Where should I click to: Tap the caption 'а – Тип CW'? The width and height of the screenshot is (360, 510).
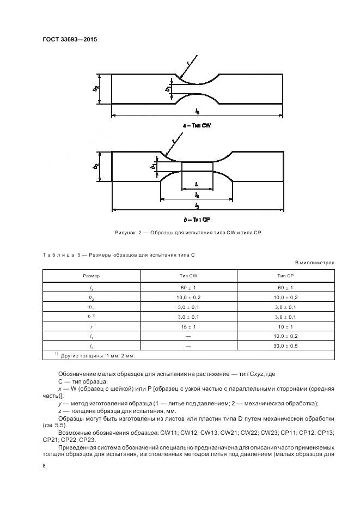(x=197, y=126)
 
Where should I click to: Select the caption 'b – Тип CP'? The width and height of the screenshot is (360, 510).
(x=197, y=219)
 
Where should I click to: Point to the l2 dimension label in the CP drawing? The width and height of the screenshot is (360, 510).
(x=197, y=195)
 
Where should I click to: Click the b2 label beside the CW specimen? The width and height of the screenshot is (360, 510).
(x=96, y=88)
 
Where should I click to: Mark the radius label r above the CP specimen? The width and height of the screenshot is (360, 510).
(x=173, y=141)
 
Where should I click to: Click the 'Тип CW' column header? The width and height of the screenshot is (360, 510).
(x=188, y=276)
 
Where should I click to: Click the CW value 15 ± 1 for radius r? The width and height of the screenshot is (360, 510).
(x=188, y=326)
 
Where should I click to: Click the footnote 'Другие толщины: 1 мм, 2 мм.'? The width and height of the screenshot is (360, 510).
(x=98, y=355)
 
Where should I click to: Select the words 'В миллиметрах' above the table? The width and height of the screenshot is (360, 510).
(x=314, y=263)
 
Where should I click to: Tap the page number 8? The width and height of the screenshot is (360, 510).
(x=44, y=466)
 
